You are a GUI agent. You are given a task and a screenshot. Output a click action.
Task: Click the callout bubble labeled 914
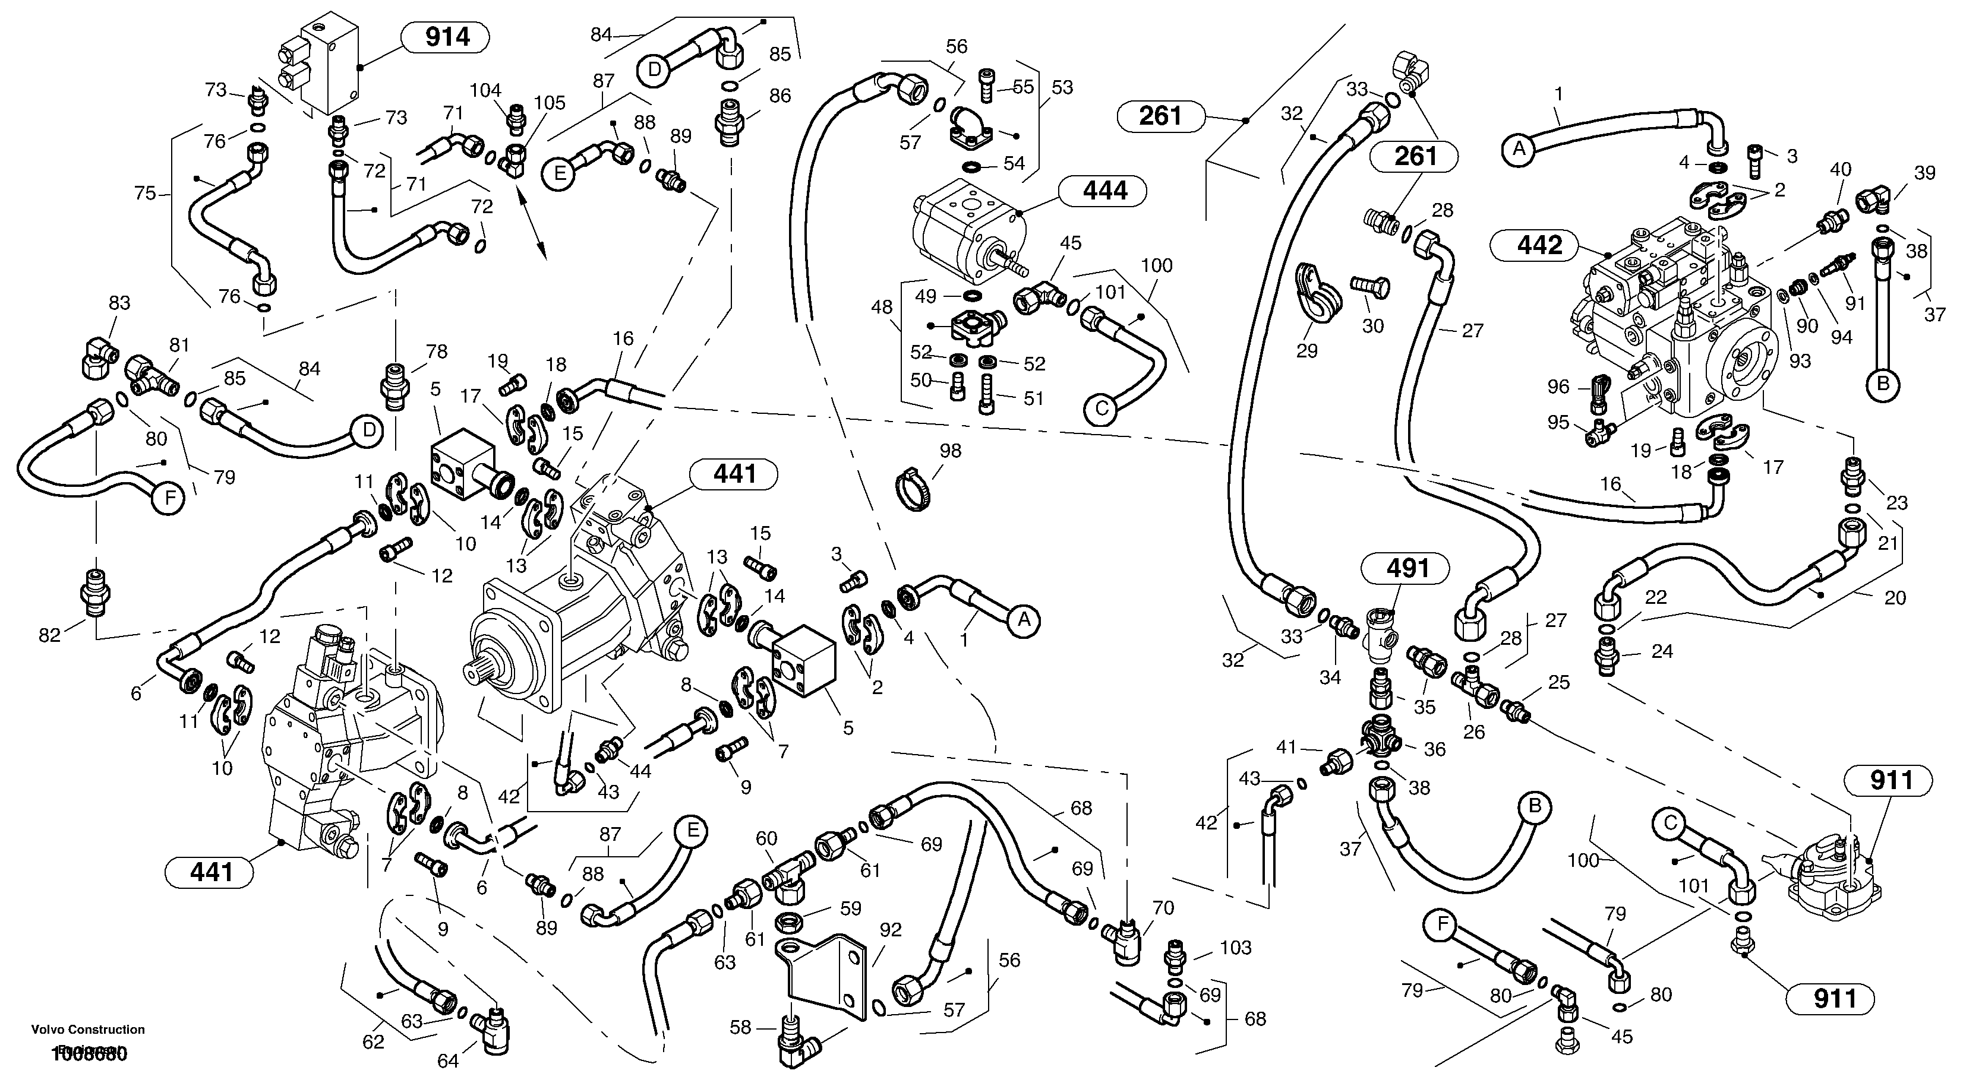(x=447, y=37)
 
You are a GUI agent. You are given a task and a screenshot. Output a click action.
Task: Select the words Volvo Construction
(x=88, y=1029)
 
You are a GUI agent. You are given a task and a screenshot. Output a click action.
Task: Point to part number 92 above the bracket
(x=890, y=929)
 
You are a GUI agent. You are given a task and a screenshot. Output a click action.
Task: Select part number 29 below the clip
(x=1306, y=351)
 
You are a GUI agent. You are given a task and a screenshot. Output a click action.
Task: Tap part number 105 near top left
(x=550, y=102)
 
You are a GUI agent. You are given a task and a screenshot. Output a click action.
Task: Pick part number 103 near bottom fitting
(x=1236, y=948)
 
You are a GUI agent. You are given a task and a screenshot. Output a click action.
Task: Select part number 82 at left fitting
(x=49, y=635)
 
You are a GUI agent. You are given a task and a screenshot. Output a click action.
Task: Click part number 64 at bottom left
(x=448, y=1062)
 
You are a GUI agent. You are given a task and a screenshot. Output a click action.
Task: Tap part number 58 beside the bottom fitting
(x=740, y=1028)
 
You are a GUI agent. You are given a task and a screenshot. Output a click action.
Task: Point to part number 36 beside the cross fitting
(x=1435, y=749)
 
